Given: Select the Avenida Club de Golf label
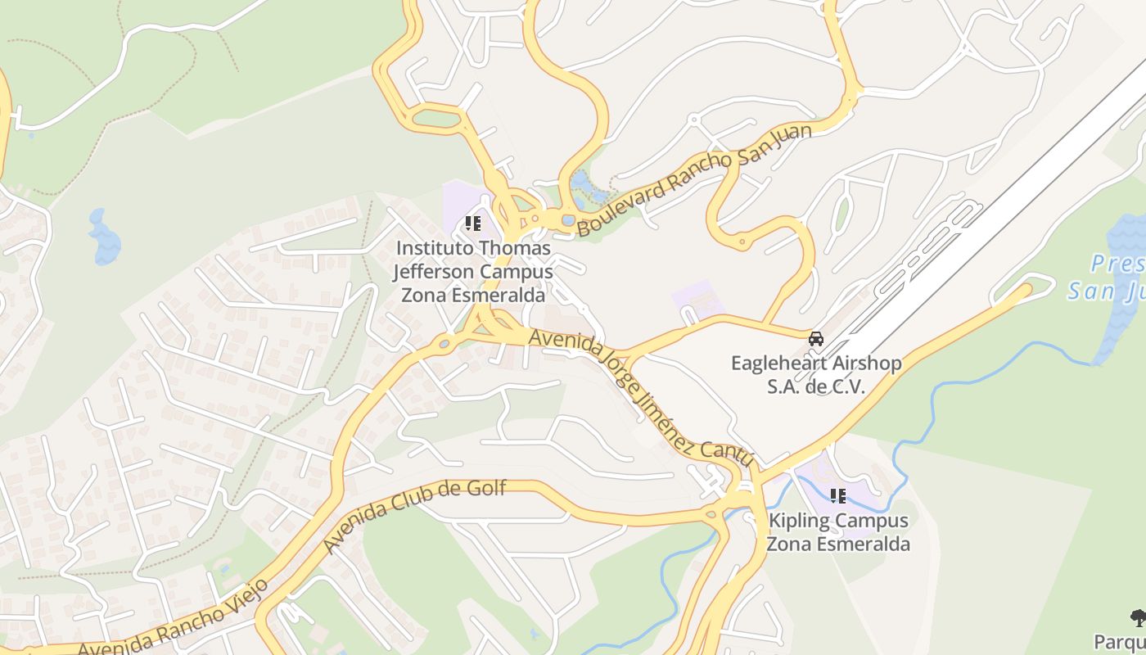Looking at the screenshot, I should click(415, 516).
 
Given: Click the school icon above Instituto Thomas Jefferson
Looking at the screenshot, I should click(472, 223).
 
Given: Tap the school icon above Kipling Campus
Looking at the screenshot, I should click(837, 496).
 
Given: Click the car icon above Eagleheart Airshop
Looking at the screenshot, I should click(816, 339).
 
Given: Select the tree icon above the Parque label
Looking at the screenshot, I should click(1138, 618).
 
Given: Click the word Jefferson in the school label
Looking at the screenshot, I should click(432, 271).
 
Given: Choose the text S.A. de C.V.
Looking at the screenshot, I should click(816, 387).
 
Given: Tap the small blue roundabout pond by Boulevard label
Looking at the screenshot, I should click(568, 220).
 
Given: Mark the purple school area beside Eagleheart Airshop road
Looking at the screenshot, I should click(698, 299).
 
